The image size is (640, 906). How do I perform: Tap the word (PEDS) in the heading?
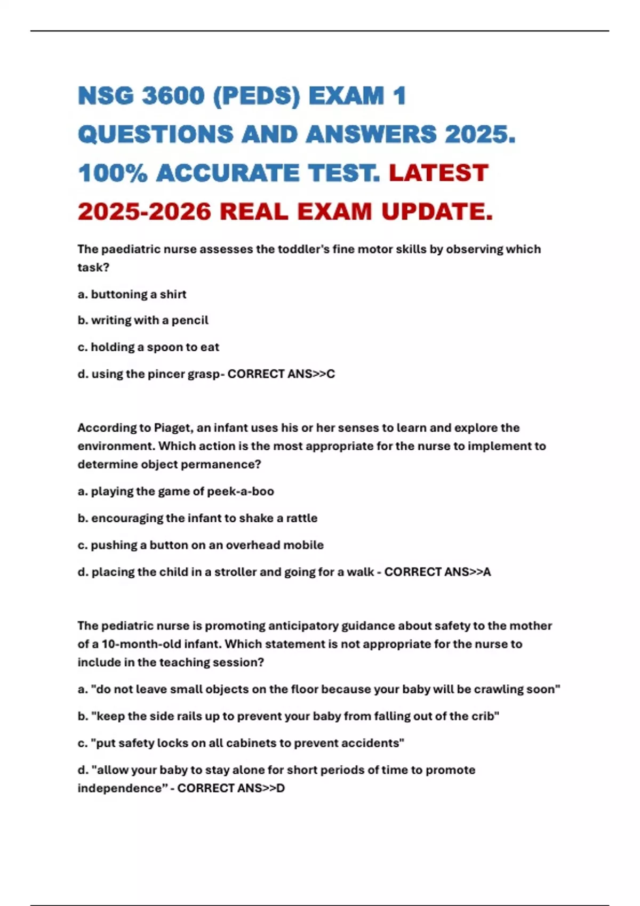[257, 96]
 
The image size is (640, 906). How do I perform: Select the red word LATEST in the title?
[438, 173]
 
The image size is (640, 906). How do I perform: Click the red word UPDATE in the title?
[437, 212]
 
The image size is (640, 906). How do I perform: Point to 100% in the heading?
[112, 173]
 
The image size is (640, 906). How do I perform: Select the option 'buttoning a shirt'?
[138, 294]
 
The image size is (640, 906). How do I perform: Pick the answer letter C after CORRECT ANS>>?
[331, 374]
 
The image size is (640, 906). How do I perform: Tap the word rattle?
[301, 518]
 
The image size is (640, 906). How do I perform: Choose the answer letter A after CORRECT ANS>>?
[486, 572]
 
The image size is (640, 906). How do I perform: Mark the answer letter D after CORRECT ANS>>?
[281, 788]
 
